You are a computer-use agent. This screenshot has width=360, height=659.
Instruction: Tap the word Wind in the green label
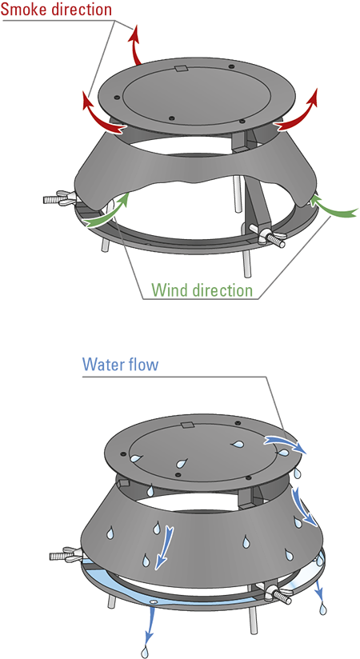pos(169,290)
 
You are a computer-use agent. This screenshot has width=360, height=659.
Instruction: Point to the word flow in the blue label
pos(142,364)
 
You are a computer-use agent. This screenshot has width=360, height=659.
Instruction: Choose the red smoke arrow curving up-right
pos(298,110)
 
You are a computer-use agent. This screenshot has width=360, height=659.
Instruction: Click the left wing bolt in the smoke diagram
pos(60,198)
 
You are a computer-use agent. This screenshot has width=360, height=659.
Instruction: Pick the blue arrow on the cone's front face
pos(163,546)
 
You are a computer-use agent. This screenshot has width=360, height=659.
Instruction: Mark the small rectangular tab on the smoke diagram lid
pos(181,69)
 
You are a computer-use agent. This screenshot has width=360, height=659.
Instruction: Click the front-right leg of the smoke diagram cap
pos(247,262)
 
